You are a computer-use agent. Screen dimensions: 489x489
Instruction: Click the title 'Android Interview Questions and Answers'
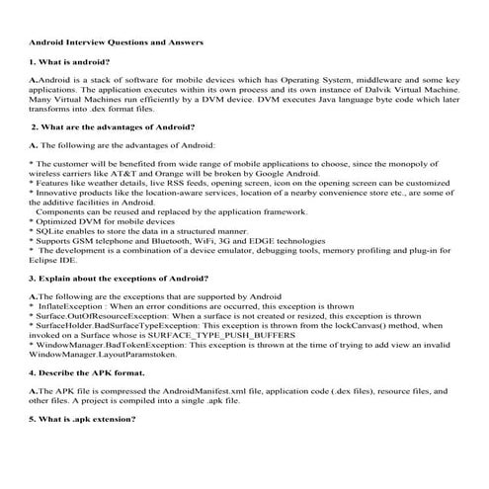tap(117, 42)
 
